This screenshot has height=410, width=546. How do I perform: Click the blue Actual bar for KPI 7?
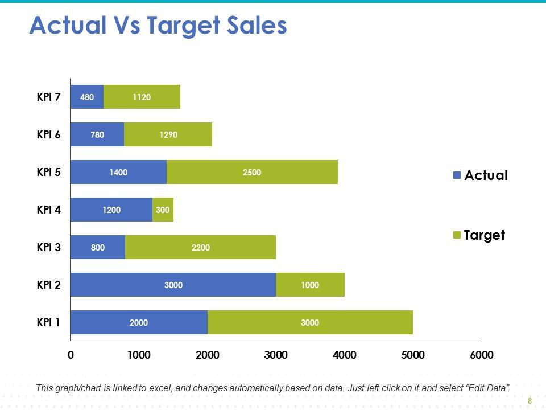[x=87, y=97]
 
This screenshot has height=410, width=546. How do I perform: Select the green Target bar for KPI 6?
[x=168, y=134]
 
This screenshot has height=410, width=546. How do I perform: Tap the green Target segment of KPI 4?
[x=163, y=210]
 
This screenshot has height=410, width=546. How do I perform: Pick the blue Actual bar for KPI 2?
[x=173, y=285]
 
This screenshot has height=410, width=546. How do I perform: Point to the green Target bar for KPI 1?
[x=310, y=322]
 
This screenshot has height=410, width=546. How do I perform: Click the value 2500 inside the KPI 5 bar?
[x=252, y=172]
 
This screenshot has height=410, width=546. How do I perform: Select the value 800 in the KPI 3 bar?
[x=98, y=247]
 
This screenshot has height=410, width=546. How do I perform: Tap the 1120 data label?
[x=142, y=97]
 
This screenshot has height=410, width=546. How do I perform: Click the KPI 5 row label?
[x=48, y=172]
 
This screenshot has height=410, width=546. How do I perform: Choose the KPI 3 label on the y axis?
[x=48, y=247]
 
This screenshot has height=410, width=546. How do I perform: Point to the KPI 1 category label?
[x=48, y=322]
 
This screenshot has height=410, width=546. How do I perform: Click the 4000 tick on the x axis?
[x=344, y=355]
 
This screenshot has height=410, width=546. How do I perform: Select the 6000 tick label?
[x=481, y=355]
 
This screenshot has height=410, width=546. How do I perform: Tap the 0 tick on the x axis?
[x=71, y=355]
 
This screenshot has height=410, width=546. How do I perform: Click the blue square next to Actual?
[x=457, y=175]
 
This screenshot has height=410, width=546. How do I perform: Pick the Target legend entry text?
[x=485, y=235]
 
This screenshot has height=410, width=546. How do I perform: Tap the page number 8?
[x=530, y=401]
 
